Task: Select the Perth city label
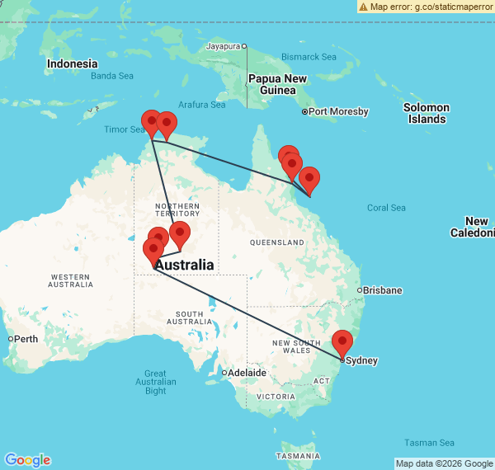pos(26,339)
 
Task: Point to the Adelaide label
pos(247,373)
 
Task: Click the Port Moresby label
pos(338,111)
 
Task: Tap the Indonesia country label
pos(72,63)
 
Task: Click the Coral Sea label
pos(387,208)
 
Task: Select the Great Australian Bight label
pos(155,382)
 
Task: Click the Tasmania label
pos(297,456)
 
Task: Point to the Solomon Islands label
pos(426,113)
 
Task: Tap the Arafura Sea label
pos(201,105)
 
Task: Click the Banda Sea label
pos(112,76)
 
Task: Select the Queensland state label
pos(277,243)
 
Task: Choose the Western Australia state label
pos(71,280)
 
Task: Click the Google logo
pos(26,460)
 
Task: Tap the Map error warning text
pos(430,6)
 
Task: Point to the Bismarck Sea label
pos(309,57)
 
